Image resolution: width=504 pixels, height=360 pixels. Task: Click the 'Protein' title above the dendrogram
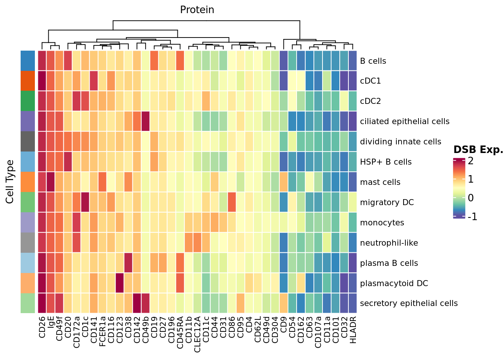197,10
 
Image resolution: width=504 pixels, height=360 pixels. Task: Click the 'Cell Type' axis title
10,182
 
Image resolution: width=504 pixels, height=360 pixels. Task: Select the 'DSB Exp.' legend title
478,150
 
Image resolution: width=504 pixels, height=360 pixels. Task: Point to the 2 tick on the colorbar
470,161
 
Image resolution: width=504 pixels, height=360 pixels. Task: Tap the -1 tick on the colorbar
472,216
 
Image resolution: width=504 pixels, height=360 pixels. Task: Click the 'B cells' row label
373,61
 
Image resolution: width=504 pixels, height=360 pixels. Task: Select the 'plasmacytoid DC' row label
394,283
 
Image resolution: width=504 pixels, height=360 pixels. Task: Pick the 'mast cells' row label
380,182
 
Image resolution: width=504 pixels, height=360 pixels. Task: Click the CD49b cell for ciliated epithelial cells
145,121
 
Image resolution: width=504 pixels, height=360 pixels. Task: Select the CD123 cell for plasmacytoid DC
120,283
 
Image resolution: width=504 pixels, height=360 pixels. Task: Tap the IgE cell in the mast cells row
51,182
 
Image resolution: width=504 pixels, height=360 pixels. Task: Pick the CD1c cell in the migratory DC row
85,202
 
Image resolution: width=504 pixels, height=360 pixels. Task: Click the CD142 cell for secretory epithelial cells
137,303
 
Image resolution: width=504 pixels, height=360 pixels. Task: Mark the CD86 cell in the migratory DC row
232,202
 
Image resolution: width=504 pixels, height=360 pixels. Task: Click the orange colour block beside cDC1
28,81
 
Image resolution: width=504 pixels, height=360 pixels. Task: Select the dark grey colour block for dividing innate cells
28,142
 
